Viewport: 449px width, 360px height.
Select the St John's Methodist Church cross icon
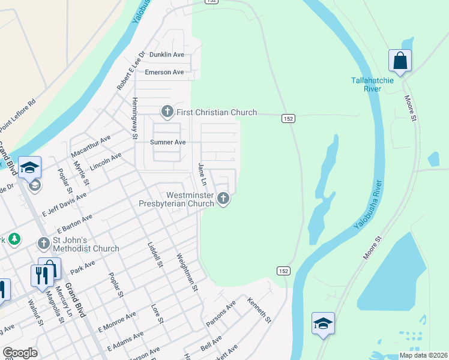44,243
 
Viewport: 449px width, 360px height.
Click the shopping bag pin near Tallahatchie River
400,61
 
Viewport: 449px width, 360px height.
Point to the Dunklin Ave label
167,55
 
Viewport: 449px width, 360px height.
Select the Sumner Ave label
167,142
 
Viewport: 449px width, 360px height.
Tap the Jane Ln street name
202,174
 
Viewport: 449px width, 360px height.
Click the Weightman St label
187,272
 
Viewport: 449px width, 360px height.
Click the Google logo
20,353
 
